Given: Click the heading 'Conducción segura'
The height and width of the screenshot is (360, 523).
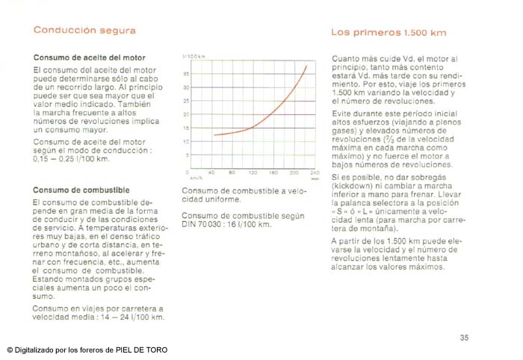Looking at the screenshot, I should pyautogui.click(x=84, y=31).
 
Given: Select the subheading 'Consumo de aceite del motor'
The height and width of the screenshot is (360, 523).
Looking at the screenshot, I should pyautogui.click(x=90, y=58).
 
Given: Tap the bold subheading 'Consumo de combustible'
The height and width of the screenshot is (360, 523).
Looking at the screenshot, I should pyautogui.click(x=81, y=190).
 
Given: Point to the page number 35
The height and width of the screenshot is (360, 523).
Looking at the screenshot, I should pyautogui.click(x=464, y=338).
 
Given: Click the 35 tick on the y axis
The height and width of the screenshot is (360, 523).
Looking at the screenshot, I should pyautogui.click(x=186, y=73).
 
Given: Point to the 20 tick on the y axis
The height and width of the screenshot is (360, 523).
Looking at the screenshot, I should pyautogui.click(x=186, y=114).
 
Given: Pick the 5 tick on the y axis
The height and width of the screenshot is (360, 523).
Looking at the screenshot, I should pyautogui.click(x=187, y=155).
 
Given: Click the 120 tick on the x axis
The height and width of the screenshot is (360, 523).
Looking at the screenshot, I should pyautogui.click(x=253, y=173).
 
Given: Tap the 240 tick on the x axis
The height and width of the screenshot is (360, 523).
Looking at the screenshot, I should pyautogui.click(x=315, y=173).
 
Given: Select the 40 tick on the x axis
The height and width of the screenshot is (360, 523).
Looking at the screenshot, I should pyautogui.click(x=212, y=173).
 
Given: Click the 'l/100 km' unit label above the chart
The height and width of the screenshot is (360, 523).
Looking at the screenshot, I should pyautogui.click(x=194, y=57).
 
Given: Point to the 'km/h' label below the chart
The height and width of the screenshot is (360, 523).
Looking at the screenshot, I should pyautogui.click(x=196, y=179).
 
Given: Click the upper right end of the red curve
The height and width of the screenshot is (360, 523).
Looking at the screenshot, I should pyautogui.click(x=306, y=66).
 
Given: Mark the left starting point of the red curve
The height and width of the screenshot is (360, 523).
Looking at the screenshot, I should pyautogui.click(x=214, y=135).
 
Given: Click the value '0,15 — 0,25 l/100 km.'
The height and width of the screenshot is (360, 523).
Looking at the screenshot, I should pyautogui.click(x=71, y=160).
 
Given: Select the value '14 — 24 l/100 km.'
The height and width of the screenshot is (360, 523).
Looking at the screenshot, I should pyautogui.click(x=126, y=317).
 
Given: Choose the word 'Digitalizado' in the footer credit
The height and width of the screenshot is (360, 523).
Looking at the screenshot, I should pyautogui.click(x=35, y=350).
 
